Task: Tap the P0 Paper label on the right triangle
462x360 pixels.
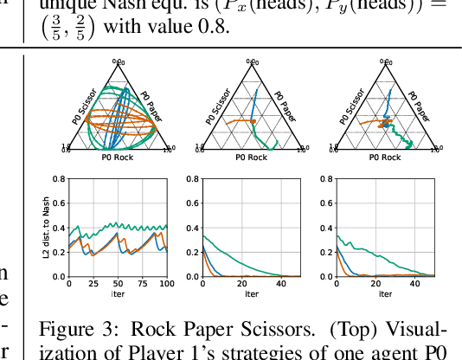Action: point(420,102)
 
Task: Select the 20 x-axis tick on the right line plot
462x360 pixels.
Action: point(375,285)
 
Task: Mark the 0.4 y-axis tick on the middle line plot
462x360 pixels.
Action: point(193,228)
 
